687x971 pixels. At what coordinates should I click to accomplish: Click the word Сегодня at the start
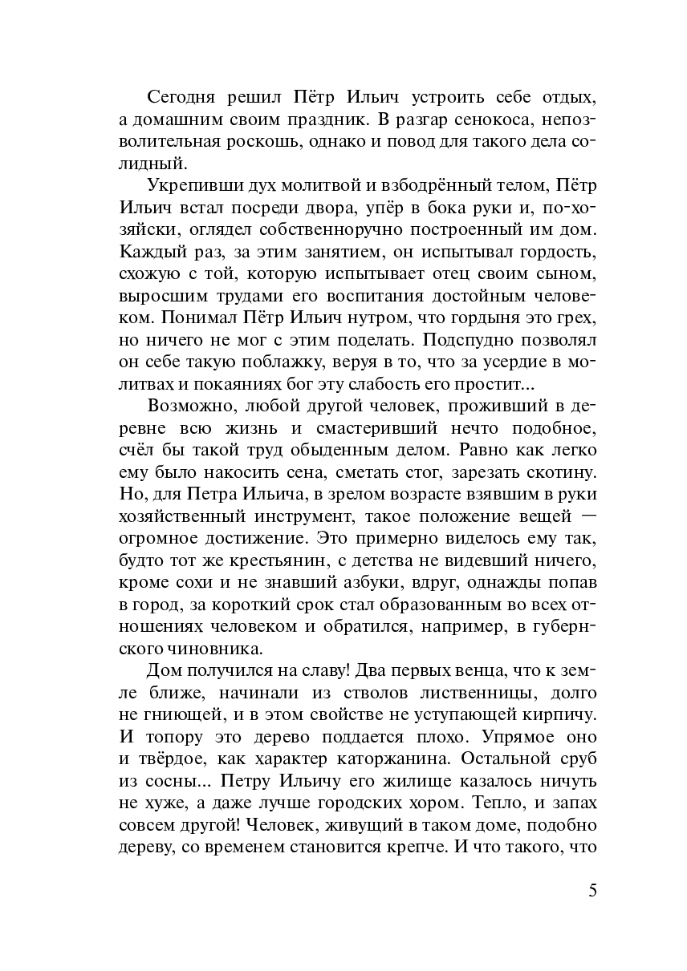181,98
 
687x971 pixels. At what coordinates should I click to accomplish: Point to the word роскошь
258,143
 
